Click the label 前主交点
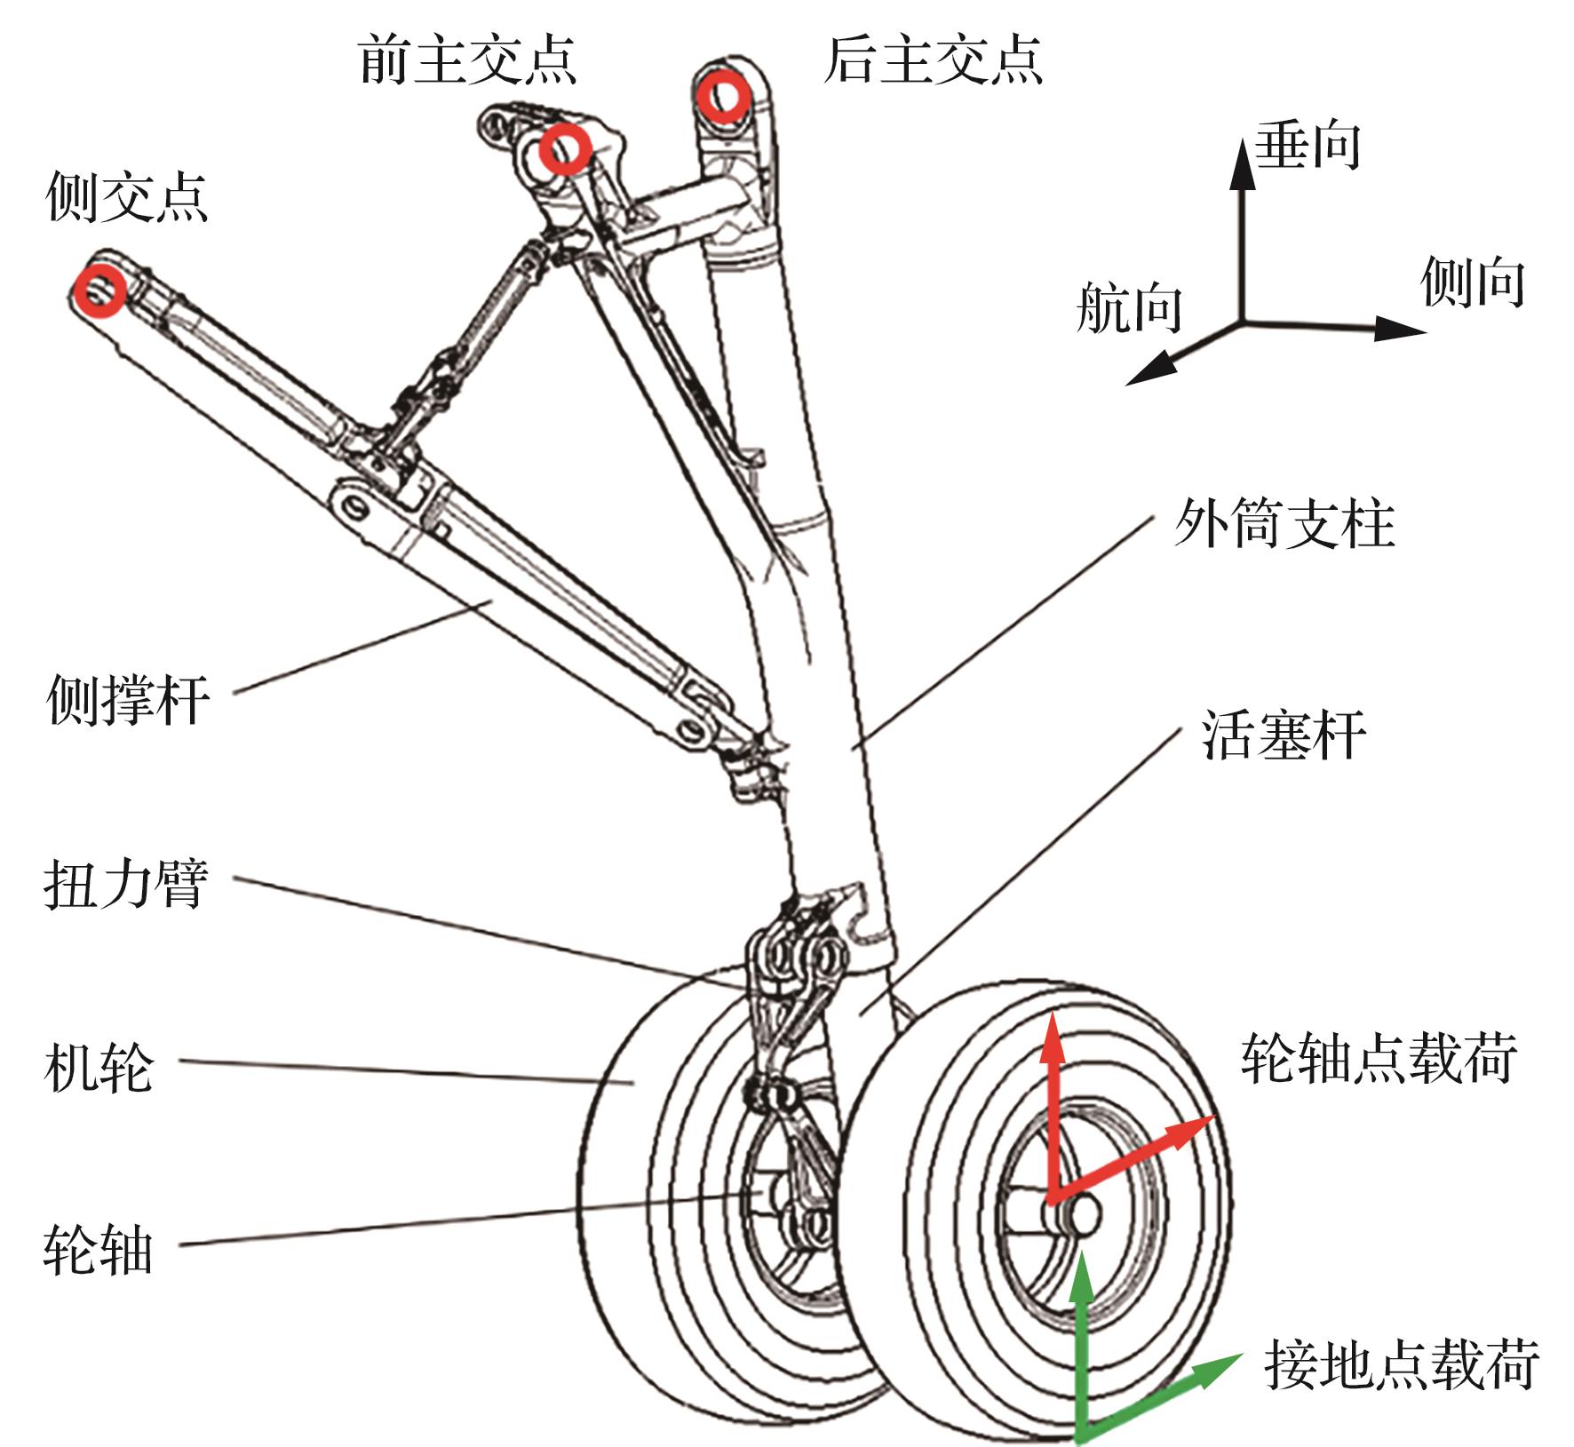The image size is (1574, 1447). pyautogui.click(x=468, y=60)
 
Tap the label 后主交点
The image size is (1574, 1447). pyautogui.click(x=933, y=60)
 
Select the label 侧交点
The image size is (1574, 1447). pyautogui.click(x=127, y=196)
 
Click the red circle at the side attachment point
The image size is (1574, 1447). pyautogui.click(x=99, y=290)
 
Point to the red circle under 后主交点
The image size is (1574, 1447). pyautogui.click(x=722, y=96)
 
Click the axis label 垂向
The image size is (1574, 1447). pyautogui.click(x=1308, y=145)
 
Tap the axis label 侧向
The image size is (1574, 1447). pyautogui.click(x=1473, y=282)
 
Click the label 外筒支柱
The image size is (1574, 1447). pyautogui.click(x=1284, y=523)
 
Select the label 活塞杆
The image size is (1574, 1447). pyautogui.click(x=1284, y=735)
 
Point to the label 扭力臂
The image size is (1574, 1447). pyautogui.click(x=126, y=884)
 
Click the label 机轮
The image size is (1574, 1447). pyautogui.click(x=99, y=1067)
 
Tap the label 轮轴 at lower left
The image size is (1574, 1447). pyautogui.click(x=99, y=1251)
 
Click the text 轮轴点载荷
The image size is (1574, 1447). pyautogui.click(x=1379, y=1058)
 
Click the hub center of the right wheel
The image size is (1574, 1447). pyautogui.click(x=1084, y=1212)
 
